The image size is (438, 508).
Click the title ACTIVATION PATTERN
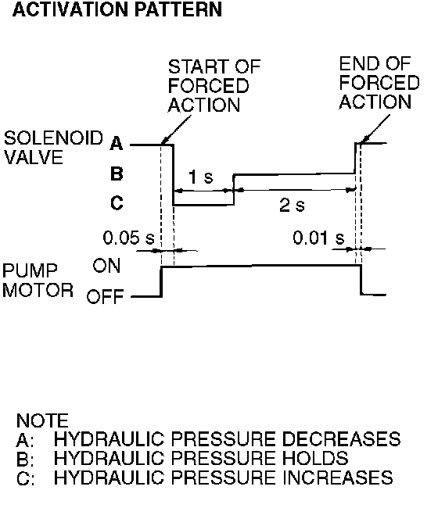(117, 9)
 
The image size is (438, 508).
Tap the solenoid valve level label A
(117, 144)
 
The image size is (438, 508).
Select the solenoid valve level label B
(117, 174)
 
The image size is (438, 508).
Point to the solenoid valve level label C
(117, 203)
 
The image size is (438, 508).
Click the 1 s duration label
(201, 177)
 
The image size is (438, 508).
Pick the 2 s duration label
(292, 206)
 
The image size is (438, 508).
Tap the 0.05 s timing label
(128, 238)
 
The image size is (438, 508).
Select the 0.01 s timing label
(318, 238)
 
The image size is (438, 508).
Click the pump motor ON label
(106, 266)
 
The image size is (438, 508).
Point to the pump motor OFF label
(105, 296)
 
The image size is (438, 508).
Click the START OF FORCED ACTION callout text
(214, 86)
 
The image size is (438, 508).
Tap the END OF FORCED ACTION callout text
(379, 83)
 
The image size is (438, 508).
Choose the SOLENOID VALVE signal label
(53, 148)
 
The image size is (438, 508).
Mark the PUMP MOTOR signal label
(38, 281)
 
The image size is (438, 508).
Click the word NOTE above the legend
(42, 420)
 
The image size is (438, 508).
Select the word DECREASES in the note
(341, 439)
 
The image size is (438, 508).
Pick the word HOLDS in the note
(315, 458)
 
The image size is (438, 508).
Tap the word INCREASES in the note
(338, 478)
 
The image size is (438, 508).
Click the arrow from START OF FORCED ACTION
(176, 130)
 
